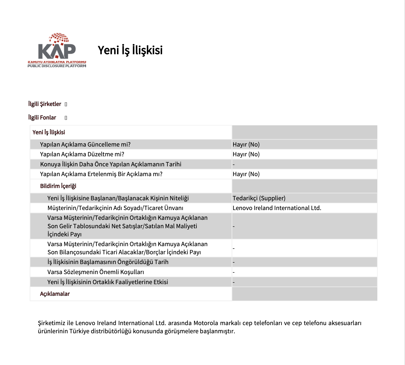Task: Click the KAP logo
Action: click(57, 50)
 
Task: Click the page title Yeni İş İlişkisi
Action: click(130, 50)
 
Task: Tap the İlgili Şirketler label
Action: click(45, 104)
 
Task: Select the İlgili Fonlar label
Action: click(42, 118)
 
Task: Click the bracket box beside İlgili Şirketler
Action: click(66, 104)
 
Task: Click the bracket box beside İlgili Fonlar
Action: click(66, 118)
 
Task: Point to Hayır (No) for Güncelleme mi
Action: click(246, 144)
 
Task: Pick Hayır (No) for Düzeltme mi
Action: click(246, 154)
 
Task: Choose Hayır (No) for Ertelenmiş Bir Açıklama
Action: click(246, 174)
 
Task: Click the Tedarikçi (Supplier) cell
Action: click(259, 198)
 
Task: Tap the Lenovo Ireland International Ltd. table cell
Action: click(277, 208)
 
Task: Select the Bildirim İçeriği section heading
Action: click(58, 186)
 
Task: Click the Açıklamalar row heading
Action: click(55, 294)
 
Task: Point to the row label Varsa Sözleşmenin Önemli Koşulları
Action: click(96, 272)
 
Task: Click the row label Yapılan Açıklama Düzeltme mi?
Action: click(82, 154)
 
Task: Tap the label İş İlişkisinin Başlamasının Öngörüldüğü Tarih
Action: click(108, 262)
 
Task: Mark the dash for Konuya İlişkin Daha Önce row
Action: click(234, 164)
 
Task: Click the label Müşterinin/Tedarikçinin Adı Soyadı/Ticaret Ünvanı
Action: click(115, 208)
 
